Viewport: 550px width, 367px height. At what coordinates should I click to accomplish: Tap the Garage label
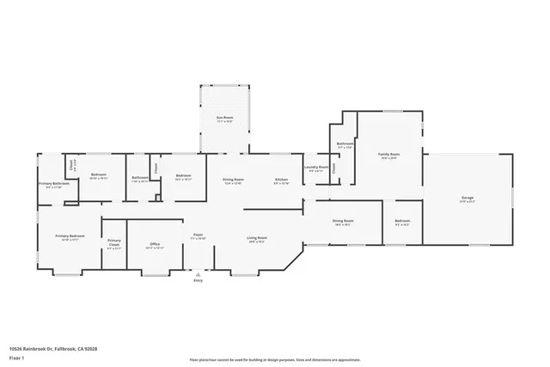pyautogui.click(x=467, y=199)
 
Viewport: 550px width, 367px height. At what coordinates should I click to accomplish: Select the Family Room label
pyautogui.click(x=389, y=155)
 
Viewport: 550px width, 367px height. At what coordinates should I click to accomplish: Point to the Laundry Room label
pyautogui.click(x=318, y=167)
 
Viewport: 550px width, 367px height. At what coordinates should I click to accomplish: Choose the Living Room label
pyautogui.click(x=257, y=238)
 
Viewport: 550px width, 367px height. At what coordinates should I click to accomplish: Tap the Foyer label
pyautogui.click(x=197, y=234)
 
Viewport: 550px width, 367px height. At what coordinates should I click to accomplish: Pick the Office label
pyautogui.click(x=156, y=245)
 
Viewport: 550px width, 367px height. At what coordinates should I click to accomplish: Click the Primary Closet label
pyautogui.click(x=114, y=243)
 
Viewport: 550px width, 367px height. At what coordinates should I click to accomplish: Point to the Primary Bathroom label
pyautogui.click(x=53, y=184)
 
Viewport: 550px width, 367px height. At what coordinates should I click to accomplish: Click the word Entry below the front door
pyautogui.click(x=198, y=281)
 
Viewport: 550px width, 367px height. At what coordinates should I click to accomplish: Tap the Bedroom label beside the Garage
pyautogui.click(x=402, y=221)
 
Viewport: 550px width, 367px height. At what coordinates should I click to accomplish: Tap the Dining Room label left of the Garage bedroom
pyautogui.click(x=343, y=221)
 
